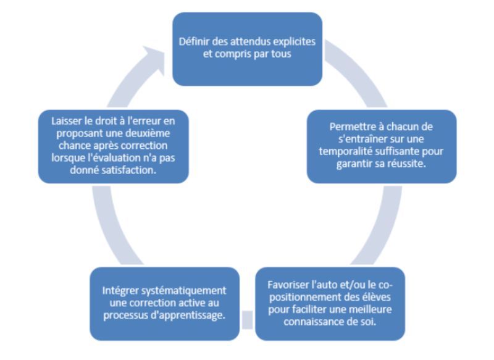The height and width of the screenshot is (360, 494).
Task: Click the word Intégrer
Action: point(120,291)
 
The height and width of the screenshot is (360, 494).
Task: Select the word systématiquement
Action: point(185,291)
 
